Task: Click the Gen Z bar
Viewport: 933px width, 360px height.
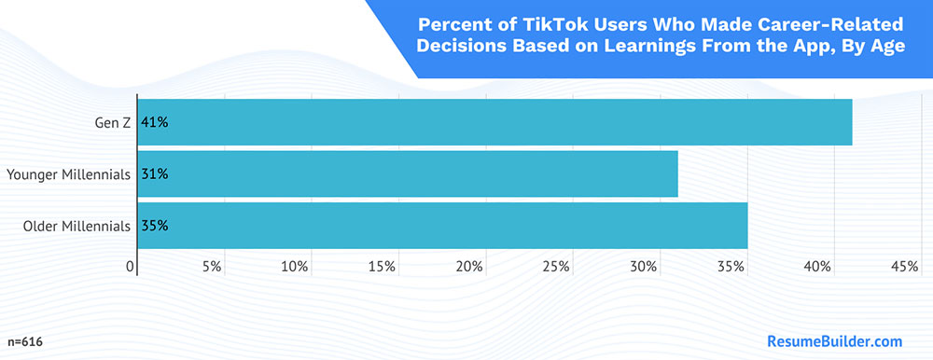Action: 494,121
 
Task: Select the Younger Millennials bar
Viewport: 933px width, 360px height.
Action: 408,173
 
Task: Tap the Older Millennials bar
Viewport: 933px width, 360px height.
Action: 442,225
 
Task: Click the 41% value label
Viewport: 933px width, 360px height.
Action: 154,121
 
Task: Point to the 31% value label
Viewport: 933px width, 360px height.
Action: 154,173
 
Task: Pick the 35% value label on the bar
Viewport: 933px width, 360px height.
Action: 154,225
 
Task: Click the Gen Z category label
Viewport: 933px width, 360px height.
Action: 112,122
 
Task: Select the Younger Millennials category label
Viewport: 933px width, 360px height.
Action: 68,173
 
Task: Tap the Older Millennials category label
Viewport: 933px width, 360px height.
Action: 77,225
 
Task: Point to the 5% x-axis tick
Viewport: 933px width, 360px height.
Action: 212,268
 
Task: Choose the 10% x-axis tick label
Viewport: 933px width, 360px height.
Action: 295,268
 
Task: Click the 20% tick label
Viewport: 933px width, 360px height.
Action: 469,268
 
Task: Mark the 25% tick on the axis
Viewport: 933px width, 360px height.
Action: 556,268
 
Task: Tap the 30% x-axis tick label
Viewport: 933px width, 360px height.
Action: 644,268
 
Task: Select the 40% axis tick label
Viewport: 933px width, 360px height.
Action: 818,268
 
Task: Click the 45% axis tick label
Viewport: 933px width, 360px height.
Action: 905,268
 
